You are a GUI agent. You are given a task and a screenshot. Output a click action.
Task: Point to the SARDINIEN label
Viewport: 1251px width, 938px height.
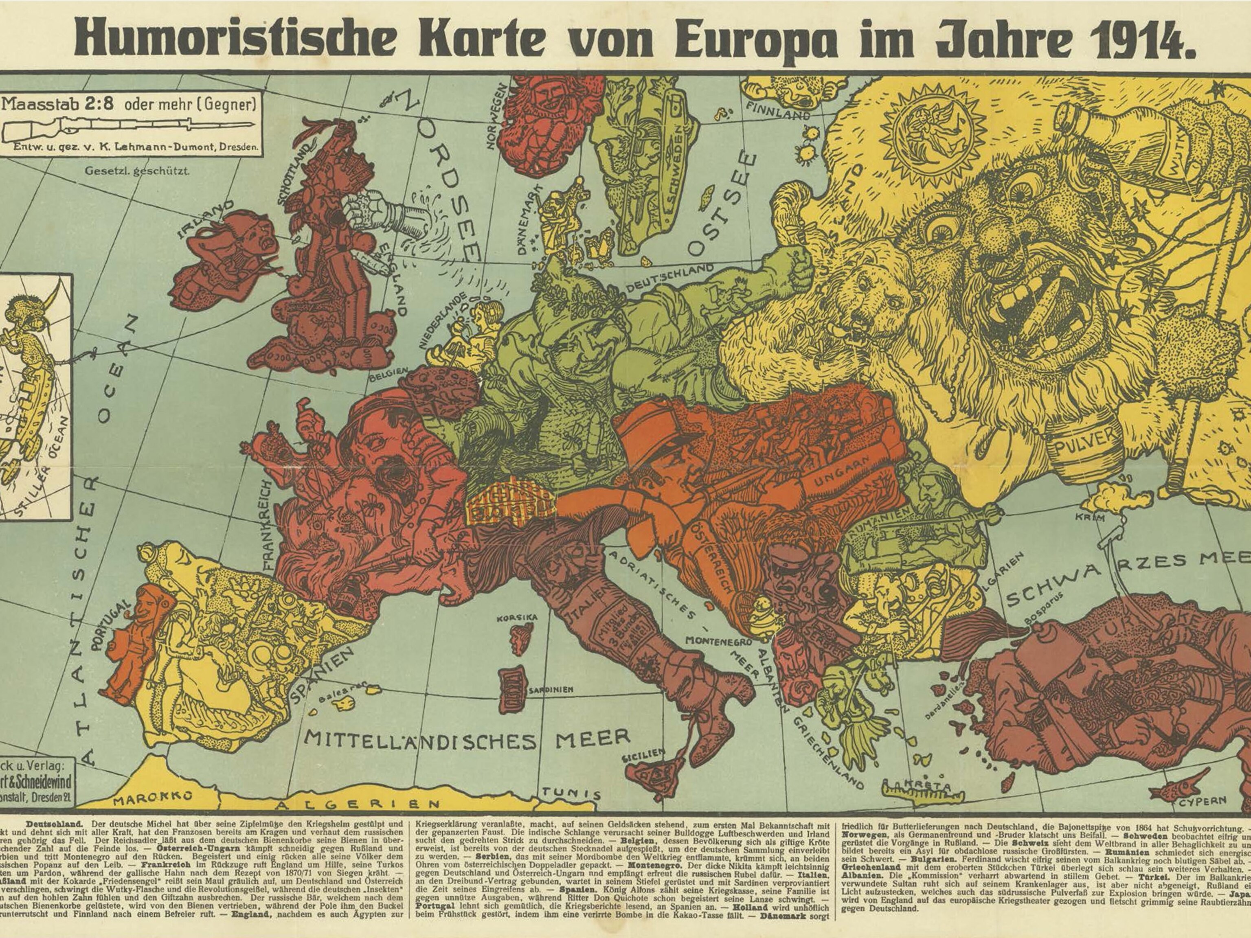pos(551,690)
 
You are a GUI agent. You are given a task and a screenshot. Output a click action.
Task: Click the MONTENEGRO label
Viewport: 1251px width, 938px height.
pos(718,641)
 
